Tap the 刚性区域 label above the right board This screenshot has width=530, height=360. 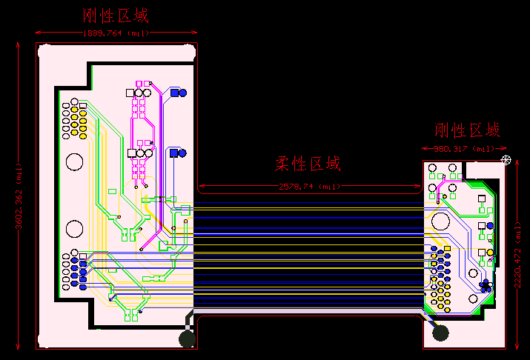pyautogui.click(x=467, y=131)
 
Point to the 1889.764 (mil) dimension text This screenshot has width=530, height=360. pyautogui.click(x=115, y=33)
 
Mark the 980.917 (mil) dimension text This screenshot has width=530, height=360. pyautogui.click(x=464, y=149)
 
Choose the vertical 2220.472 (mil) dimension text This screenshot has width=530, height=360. pyautogui.click(x=517, y=253)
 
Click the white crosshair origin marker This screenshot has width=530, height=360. pyautogui.click(x=506, y=160)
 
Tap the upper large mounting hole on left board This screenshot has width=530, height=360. pyautogui.click(x=75, y=161)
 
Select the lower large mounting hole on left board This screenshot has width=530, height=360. pyautogui.click(x=75, y=228)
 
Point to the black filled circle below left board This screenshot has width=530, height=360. pyautogui.click(x=188, y=339)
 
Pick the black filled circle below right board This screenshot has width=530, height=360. pyautogui.click(x=441, y=333)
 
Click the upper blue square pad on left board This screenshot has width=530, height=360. pyautogui.click(x=175, y=93)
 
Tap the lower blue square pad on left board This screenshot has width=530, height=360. pyautogui.click(x=173, y=153)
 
